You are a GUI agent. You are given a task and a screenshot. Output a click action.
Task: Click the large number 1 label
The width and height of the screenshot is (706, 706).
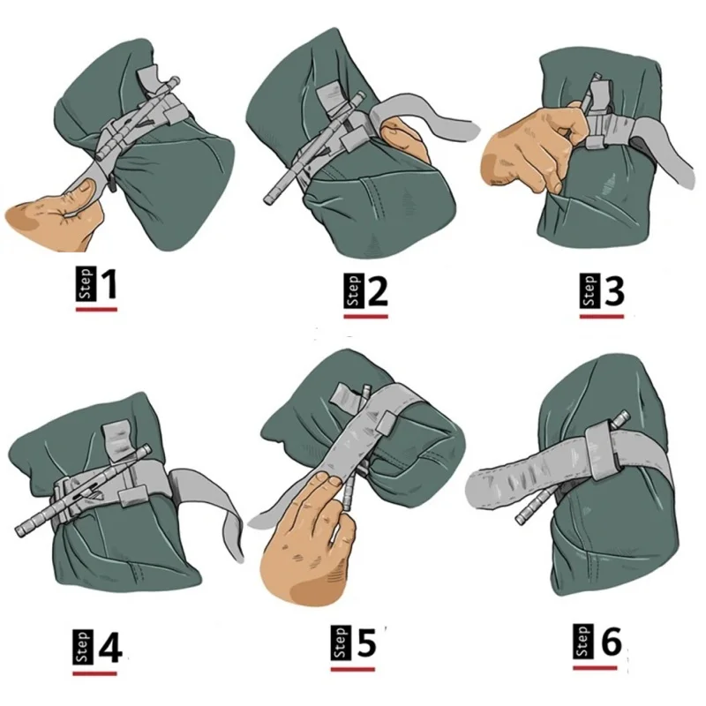pos(108,284)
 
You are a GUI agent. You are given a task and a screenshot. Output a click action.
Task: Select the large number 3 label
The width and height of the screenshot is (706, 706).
pos(613,291)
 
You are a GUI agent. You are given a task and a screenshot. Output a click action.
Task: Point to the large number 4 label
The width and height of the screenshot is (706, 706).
pos(109,649)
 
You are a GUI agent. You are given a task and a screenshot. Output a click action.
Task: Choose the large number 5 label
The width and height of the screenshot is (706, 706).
pos(366,643)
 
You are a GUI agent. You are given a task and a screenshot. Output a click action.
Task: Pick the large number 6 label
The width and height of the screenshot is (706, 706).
pos(611,642)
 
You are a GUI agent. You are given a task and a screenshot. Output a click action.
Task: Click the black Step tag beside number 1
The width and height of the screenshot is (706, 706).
pos(86,284)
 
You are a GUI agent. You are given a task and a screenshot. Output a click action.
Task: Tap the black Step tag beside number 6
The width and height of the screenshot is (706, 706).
pos(582,642)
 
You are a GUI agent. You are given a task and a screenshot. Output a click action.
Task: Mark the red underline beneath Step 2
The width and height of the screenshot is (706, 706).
pos(365,317)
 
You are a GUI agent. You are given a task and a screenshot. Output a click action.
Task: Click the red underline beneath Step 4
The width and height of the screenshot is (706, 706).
pos(95,673)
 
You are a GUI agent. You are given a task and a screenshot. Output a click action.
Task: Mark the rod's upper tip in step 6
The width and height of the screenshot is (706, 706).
pos(623,414)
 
